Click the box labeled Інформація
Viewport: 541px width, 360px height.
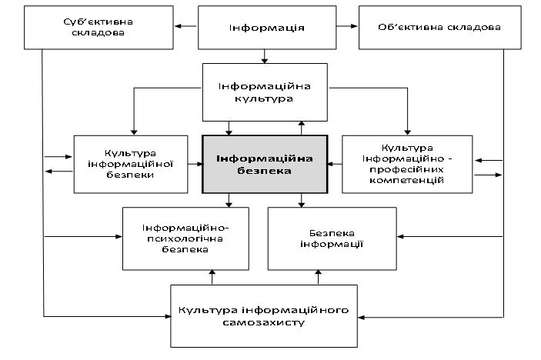coord(267,28)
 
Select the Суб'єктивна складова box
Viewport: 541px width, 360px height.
coord(99,28)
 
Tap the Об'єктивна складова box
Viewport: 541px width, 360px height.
coord(440,28)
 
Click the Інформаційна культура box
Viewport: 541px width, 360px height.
coord(265,92)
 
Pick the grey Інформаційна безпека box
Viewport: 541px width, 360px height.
coord(265,164)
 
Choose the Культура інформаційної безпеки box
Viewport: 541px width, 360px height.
coord(131,164)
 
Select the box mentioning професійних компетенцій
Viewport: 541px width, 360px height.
coord(407,164)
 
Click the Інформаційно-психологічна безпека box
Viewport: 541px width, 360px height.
coord(185,238)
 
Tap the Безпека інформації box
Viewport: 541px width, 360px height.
coord(332,238)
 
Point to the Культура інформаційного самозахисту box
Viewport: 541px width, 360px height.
coord(264,316)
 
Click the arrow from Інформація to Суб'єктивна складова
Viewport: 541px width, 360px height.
coord(185,26)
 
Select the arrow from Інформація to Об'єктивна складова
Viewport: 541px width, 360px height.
coord(347,26)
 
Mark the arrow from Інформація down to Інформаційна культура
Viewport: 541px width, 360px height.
coord(264,57)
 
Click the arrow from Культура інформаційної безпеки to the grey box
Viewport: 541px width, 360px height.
coord(195,164)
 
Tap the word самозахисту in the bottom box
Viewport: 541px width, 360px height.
coord(264,323)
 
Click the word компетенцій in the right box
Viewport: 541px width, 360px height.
coord(407,180)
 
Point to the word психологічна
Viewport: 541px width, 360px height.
coord(185,238)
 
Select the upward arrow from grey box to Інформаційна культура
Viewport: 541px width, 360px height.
coord(302,128)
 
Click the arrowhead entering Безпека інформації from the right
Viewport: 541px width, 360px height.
coord(400,237)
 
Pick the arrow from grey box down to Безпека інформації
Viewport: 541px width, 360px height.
coord(302,200)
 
